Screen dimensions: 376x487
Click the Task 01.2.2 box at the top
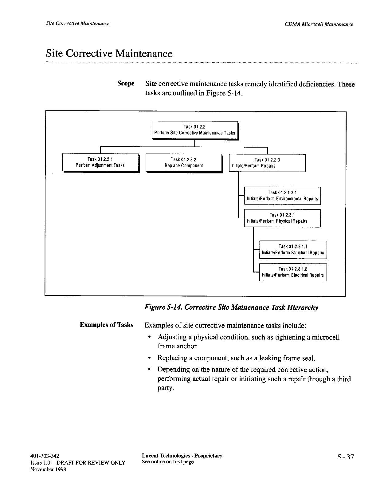click(x=195, y=130)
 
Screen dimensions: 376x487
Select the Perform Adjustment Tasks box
click(x=100, y=163)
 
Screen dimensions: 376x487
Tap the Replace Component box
click(x=184, y=163)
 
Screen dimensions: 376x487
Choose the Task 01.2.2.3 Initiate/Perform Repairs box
click(x=267, y=163)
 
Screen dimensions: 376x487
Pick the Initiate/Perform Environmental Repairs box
click(x=282, y=196)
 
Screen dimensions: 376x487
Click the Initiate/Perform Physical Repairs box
click(x=282, y=218)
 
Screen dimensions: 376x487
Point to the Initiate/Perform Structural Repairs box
click(x=293, y=250)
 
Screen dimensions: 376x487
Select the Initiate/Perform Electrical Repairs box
click(x=293, y=272)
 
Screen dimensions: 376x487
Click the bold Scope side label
click(x=126, y=84)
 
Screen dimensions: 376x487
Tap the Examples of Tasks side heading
click(x=106, y=325)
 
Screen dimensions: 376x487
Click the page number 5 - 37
click(x=346, y=457)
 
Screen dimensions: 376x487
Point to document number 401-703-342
click(x=45, y=456)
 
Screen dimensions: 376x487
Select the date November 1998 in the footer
click(x=48, y=469)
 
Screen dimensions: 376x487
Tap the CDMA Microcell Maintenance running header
click(x=319, y=24)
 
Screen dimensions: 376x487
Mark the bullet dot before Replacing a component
click(x=149, y=358)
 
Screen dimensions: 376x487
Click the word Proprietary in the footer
click(x=208, y=456)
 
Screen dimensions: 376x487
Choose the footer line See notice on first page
click(x=167, y=462)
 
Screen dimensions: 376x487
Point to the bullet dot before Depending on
click(x=149, y=370)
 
